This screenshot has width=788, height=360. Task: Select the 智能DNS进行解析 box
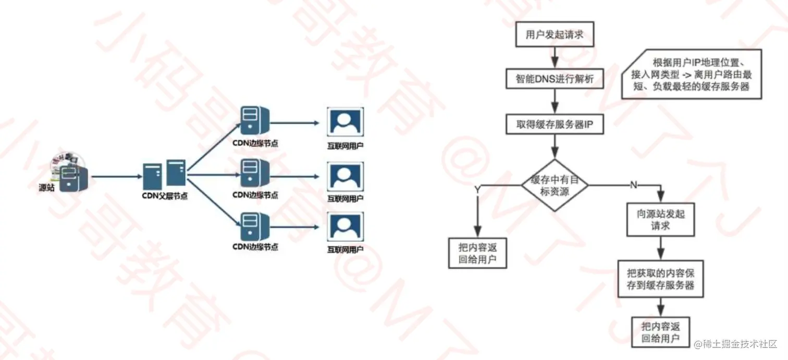click(x=555, y=80)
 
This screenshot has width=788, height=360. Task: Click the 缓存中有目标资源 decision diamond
click(x=555, y=185)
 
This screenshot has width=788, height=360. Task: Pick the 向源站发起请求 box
click(x=660, y=219)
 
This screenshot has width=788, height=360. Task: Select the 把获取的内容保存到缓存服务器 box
click(x=660, y=279)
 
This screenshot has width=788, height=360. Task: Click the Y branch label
click(x=476, y=190)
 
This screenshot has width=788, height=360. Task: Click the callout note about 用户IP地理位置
click(x=692, y=74)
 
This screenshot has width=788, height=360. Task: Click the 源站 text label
click(x=46, y=188)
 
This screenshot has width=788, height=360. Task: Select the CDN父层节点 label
click(x=165, y=196)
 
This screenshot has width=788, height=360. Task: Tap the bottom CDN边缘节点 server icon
click(x=254, y=227)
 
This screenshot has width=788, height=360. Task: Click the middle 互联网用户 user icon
click(x=345, y=176)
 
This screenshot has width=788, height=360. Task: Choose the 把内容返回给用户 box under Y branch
click(x=478, y=253)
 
